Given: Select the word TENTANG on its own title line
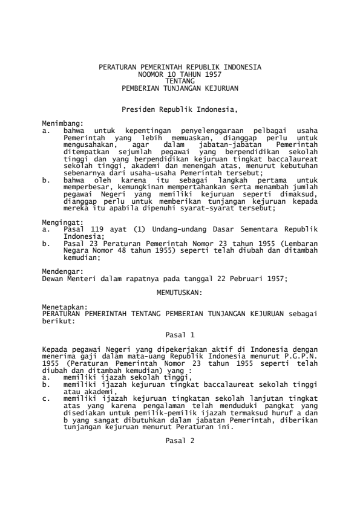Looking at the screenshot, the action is pyautogui.click(x=180, y=80).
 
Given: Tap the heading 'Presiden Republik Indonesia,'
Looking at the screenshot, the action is pyautogui.click(x=180, y=111).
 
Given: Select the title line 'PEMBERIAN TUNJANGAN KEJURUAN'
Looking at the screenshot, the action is pyautogui.click(x=180, y=87).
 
